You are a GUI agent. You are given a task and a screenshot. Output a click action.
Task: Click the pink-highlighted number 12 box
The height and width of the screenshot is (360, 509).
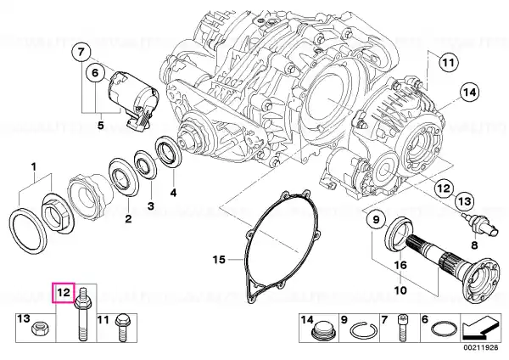click(x=64, y=293)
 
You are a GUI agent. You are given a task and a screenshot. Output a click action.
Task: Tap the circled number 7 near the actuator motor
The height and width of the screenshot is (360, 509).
click(x=81, y=52)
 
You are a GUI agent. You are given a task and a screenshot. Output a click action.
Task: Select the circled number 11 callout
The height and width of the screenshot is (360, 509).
click(x=448, y=62)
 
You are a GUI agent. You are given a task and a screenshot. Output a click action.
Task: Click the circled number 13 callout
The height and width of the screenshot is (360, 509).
click(x=464, y=201)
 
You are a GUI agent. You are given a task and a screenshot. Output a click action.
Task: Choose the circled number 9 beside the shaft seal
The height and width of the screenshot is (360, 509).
click(x=376, y=220)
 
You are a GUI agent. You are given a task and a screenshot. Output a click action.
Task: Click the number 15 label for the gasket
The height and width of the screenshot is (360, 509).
click(x=219, y=260)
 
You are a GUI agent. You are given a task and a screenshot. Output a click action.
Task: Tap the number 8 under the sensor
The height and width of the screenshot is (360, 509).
click(x=474, y=245)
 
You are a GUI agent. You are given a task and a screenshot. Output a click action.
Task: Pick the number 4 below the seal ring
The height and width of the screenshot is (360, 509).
click(x=174, y=193)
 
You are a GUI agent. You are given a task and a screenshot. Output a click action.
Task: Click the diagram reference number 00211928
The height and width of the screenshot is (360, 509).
click(x=480, y=347)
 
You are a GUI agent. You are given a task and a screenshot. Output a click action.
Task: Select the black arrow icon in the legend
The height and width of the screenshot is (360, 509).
click(x=480, y=328)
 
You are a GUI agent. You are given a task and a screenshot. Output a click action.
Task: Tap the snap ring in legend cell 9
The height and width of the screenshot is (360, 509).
click(x=363, y=331)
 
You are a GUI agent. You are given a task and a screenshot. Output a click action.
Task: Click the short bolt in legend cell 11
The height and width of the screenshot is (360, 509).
click(x=121, y=327)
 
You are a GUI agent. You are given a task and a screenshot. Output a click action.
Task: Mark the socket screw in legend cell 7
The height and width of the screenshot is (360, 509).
click(x=402, y=327)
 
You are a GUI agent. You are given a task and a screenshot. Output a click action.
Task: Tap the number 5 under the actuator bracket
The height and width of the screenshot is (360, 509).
click(x=101, y=125)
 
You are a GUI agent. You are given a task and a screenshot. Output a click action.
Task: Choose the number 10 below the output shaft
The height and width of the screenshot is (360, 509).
click(x=400, y=290)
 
